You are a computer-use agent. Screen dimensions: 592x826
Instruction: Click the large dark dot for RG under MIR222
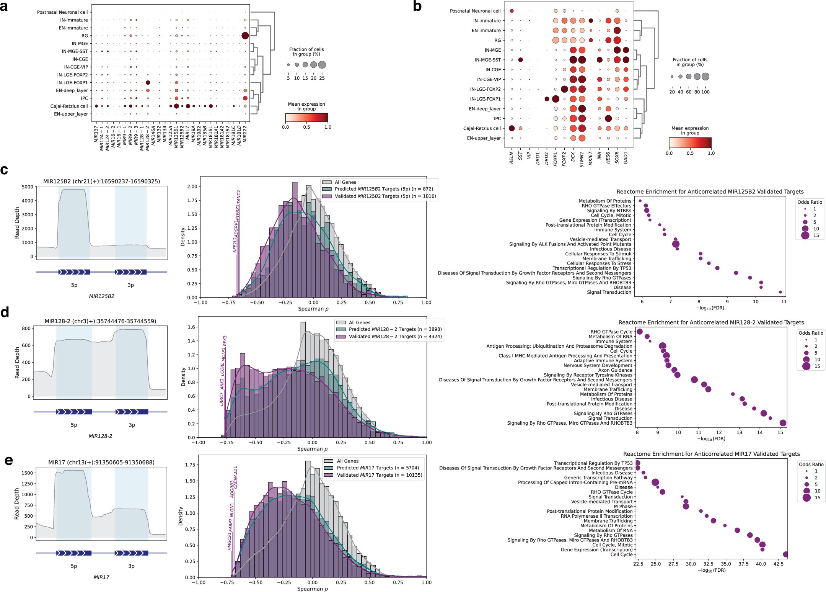coord(245,36)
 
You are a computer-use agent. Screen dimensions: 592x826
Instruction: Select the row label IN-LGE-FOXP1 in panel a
coord(72,83)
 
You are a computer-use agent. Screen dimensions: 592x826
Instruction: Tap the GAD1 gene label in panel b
coord(626,157)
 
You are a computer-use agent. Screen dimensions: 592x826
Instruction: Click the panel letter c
coord(4,170)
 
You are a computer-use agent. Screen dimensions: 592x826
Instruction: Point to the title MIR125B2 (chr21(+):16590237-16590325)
coord(101,181)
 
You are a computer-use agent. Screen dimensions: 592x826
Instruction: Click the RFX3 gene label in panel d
coord(225,341)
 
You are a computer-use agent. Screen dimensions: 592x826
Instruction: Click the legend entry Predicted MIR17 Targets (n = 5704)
coord(378,468)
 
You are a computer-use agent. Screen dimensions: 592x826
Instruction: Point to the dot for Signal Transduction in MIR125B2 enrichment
coord(780,292)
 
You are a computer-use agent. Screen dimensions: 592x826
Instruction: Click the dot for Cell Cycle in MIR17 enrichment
coord(785,554)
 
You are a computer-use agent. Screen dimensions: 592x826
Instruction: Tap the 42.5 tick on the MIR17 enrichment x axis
coord(779,564)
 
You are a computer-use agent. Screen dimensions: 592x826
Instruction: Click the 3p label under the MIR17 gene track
coord(131,566)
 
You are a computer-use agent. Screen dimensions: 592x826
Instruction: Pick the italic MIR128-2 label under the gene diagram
coord(100,436)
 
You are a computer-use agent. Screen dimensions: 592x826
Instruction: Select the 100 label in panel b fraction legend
coord(705,92)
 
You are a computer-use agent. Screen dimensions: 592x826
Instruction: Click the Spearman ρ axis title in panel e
coord(312,589)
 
